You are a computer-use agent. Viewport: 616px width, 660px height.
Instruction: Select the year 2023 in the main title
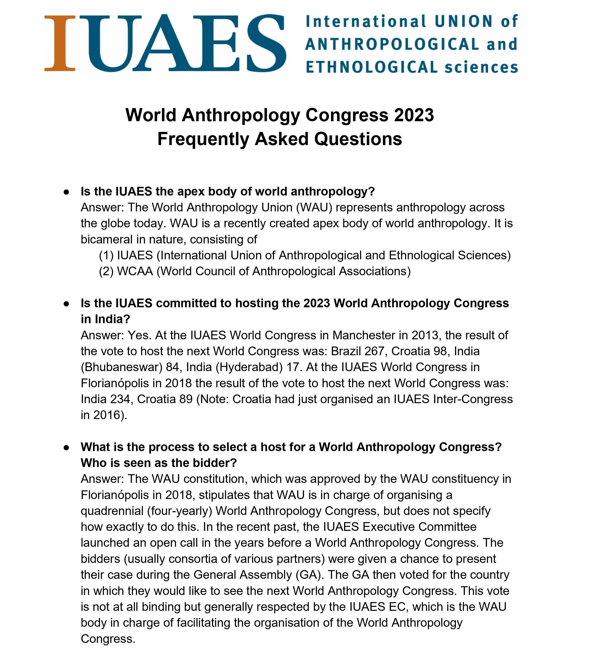click(x=414, y=115)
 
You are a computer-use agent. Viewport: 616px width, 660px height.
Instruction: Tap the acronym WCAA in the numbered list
click(x=135, y=271)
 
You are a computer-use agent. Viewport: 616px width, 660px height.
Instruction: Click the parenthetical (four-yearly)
click(x=180, y=511)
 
